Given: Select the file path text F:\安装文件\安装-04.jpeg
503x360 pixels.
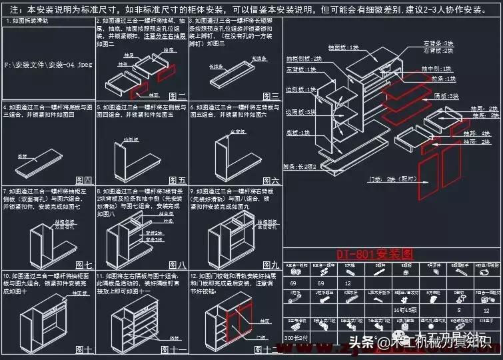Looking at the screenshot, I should click(x=48, y=65).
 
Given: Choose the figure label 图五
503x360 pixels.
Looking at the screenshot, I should click(x=177, y=180).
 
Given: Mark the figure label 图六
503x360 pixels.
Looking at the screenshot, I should click(x=270, y=180).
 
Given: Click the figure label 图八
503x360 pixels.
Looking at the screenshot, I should click(x=177, y=265).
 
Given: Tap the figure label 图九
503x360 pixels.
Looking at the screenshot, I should click(x=270, y=265).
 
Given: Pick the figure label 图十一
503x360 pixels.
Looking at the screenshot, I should click(x=177, y=349).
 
